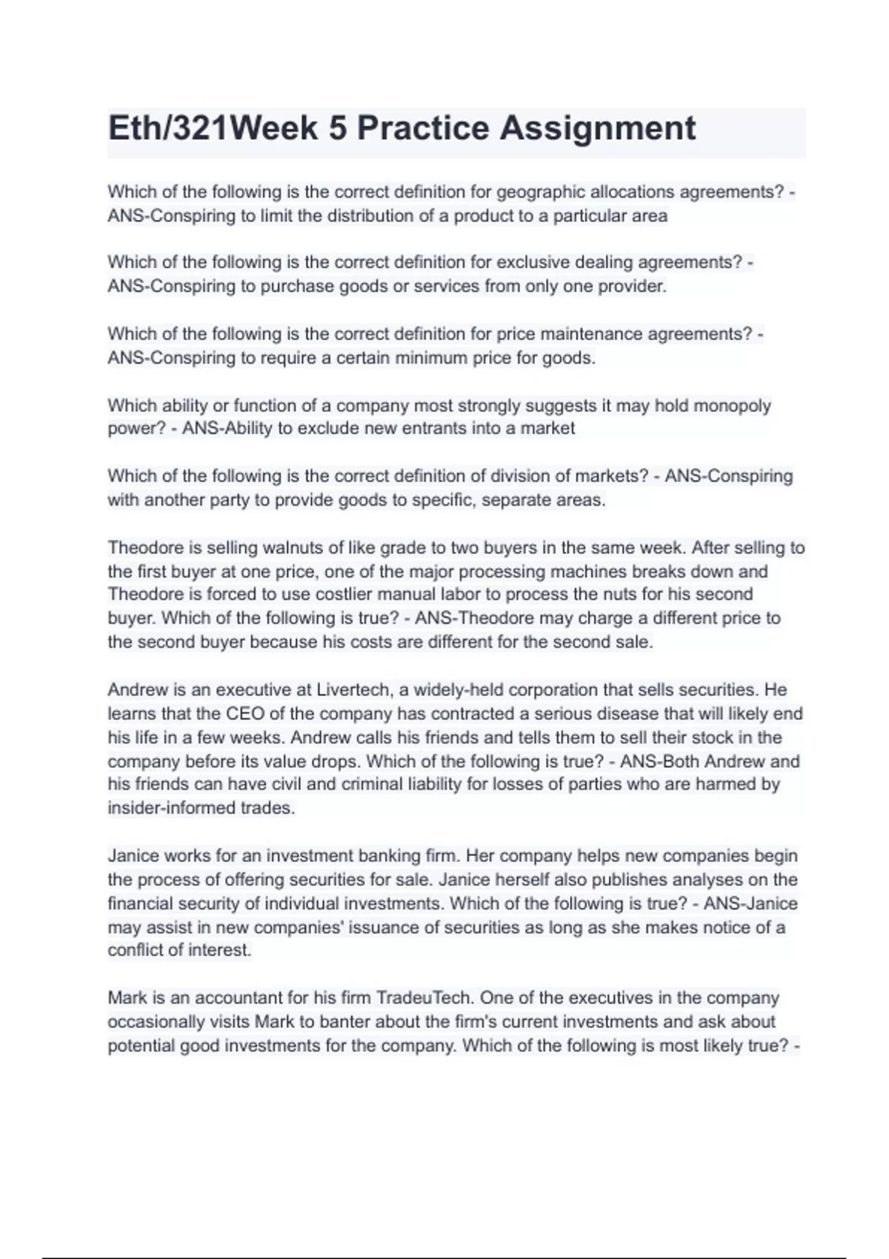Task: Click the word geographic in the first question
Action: [540, 192]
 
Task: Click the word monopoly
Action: [732, 406]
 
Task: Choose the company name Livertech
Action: [353, 690]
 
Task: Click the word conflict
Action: [138, 950]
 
